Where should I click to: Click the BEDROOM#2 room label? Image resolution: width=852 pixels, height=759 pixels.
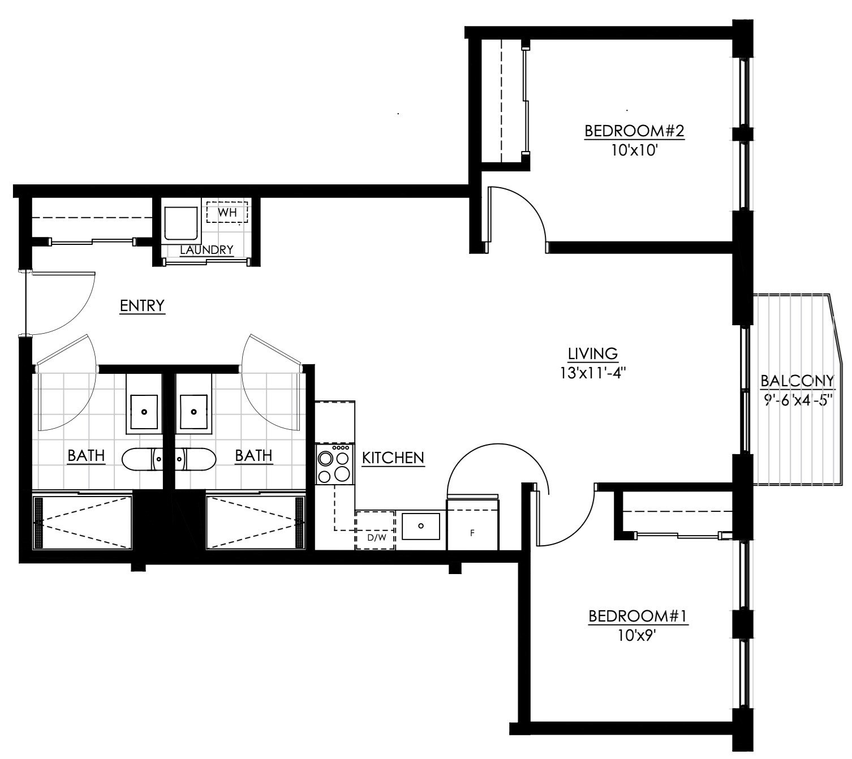(x=634, y=131)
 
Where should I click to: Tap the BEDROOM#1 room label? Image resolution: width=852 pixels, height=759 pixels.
(x=638, y=615)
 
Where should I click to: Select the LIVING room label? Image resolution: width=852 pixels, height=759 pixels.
(x=592, y=353)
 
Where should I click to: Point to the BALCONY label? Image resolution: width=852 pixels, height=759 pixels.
(x=797, y=381)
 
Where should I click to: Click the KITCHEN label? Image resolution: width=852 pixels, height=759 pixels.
(x=393, y=458)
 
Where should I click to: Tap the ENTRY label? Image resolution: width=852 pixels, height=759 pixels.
(x=142, y=305)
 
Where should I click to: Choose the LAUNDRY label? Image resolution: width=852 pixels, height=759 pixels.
(x=206, y=249)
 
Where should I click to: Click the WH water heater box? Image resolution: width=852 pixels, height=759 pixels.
(x=227, y=213)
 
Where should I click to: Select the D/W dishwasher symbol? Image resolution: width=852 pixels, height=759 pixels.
(x=375, y=531)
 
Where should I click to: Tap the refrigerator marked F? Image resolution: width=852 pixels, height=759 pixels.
(x=472, y=525)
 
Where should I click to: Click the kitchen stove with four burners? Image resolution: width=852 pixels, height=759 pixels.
(x=334, y=464)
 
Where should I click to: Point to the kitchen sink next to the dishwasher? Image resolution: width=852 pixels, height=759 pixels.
(x=420, y=525)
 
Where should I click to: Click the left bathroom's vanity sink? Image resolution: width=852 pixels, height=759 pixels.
(x=144, y=412)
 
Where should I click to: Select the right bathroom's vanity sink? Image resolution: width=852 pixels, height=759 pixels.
(x=193, y=412)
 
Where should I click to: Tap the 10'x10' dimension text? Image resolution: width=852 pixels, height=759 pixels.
(x=634, y=151)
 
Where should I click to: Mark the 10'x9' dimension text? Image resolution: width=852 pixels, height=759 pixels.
(x=638, y=635)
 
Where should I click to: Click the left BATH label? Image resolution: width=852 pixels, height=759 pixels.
(x=86, y=455)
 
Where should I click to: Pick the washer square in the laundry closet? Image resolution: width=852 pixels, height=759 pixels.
(x=180, y=225)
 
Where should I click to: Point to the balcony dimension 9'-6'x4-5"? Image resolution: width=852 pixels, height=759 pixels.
(x=797, y=400)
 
